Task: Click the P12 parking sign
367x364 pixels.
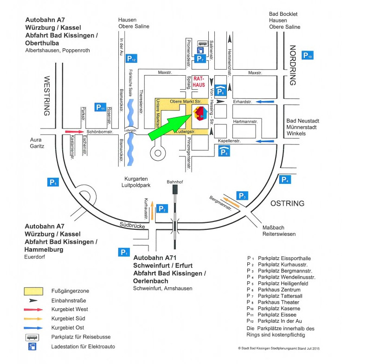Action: tap(131, 58)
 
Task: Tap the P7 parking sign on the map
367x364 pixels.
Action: tap(200, 58)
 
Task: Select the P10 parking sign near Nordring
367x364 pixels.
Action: tap(308, 56)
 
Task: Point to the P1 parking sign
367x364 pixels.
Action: tap(123, 252)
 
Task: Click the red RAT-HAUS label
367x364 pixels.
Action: tap(199, 82)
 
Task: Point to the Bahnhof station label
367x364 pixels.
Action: tap(174, 182)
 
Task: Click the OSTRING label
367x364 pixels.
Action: tap(287, 203)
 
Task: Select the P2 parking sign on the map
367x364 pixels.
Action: tap(162, 208)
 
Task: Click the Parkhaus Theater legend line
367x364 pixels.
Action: tap(278, 302)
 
